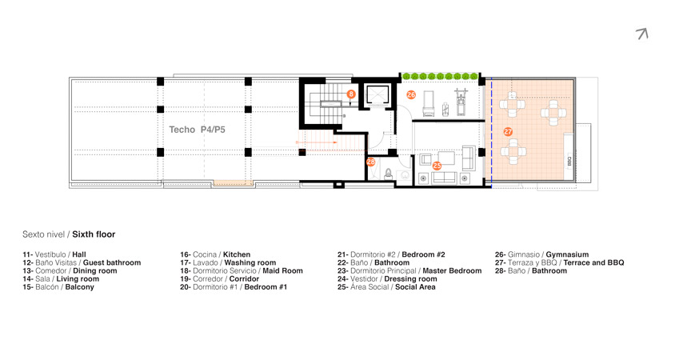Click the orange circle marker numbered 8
coord(351,94)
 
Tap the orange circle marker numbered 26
coord(411,94)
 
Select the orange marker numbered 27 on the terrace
coord(508,132)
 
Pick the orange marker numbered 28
coord(370,162)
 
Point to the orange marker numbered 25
coord(437,166)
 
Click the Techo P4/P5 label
coord(198,130)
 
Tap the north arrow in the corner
coord(642,34)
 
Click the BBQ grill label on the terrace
coord(569,162)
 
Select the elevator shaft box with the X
coord(377,95)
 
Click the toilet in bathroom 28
coord(389,174)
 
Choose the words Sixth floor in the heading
coord(94,234)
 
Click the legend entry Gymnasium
coord(567,254)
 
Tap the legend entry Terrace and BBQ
coord(593,262)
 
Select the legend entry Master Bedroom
coord(452,271)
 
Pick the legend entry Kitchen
coord(237,254)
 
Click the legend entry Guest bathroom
coord(112,262)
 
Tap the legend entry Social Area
coord(415,286)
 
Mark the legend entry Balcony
coord(80,287)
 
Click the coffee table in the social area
coord(446,158)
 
